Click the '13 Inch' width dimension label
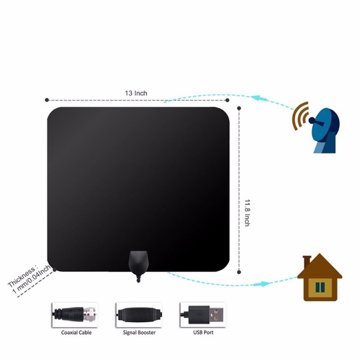(x=136, y=93)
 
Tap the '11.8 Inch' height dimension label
(x=247, y=213)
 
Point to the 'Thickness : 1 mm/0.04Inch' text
(x=29, y=279)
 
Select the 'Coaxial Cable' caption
(x=76, y=332)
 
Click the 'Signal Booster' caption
(x=139, y=332)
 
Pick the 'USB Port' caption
(x=203, y=332)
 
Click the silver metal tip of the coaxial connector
(x=90, y=314)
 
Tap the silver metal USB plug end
(x=216, y=314)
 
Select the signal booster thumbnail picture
(x=139, y=314)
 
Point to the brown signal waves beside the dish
(x=300, y=115)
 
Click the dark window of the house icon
(x=320, y=287)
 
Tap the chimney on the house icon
(x=307, y=262)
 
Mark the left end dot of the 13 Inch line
(x=47, y=100)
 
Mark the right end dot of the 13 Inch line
(x=227, y=100)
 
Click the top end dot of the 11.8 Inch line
(x=239, y=108)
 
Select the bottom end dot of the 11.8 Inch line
(x=239, y=272)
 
